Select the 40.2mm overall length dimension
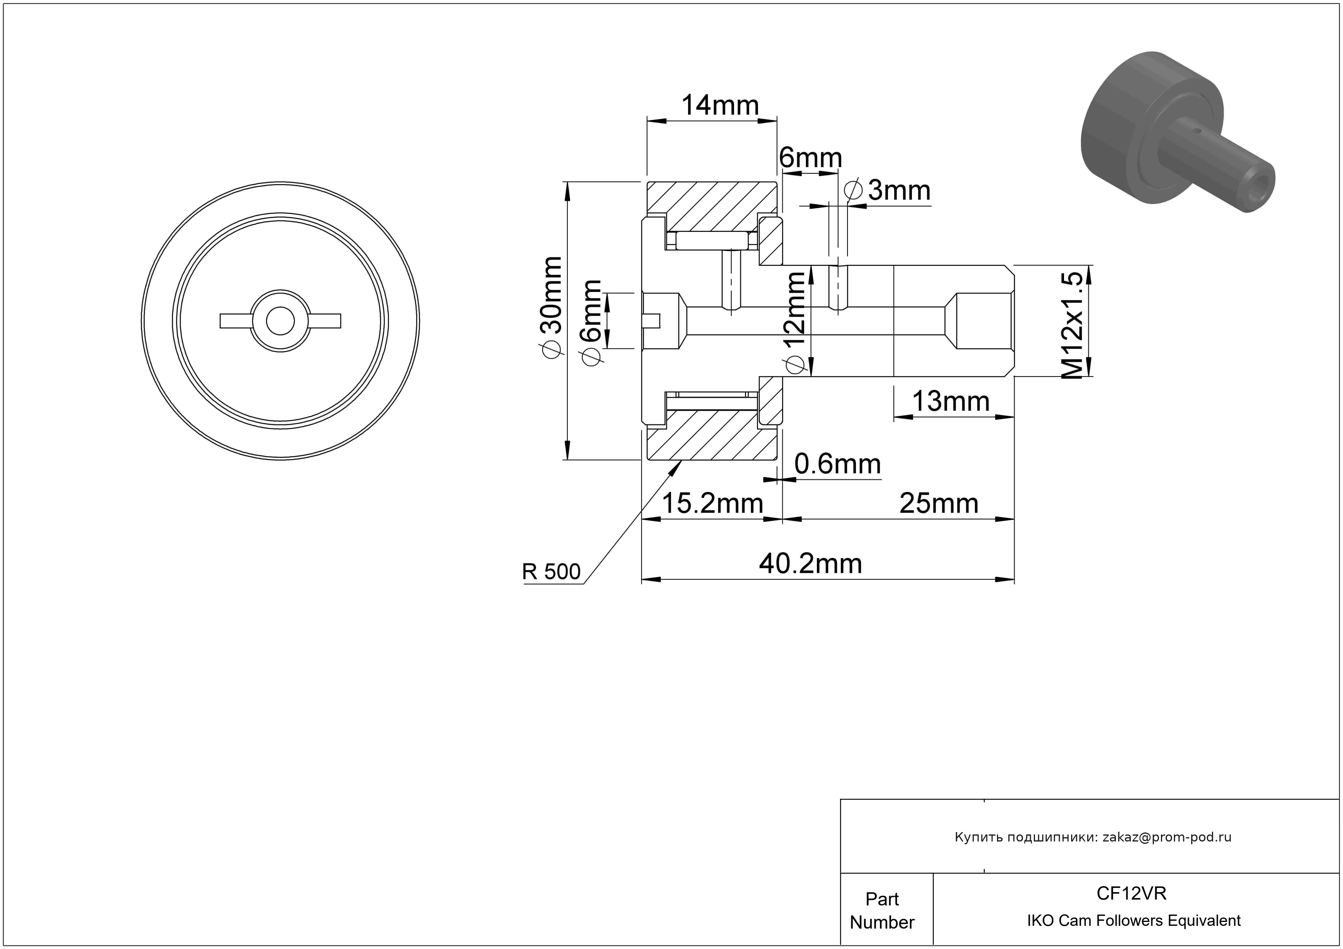(811, 564)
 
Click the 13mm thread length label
(951, 401)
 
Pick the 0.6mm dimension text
(838, 464)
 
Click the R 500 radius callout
(551, 571)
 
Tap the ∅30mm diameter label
(551, 306)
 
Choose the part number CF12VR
(1131, 893)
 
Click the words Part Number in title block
(882, 911)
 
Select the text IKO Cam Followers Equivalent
(1133, 920)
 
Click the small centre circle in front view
(280, 321)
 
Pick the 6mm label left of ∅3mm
(811, 158)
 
